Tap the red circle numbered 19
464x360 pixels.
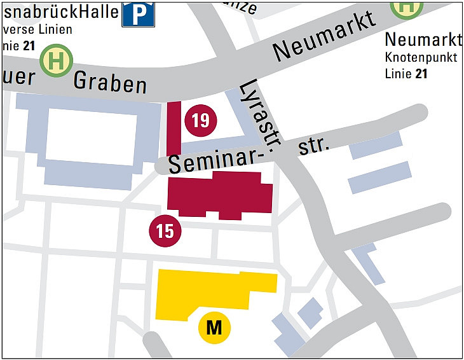point(200,120)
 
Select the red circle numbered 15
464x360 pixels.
point(165,231)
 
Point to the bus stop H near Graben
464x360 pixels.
point(57,62)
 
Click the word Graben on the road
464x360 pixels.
point(110,82)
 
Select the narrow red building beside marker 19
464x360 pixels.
point(174,127)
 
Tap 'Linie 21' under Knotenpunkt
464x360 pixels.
point(406,74)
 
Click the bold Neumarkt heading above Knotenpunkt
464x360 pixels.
point(423,40)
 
